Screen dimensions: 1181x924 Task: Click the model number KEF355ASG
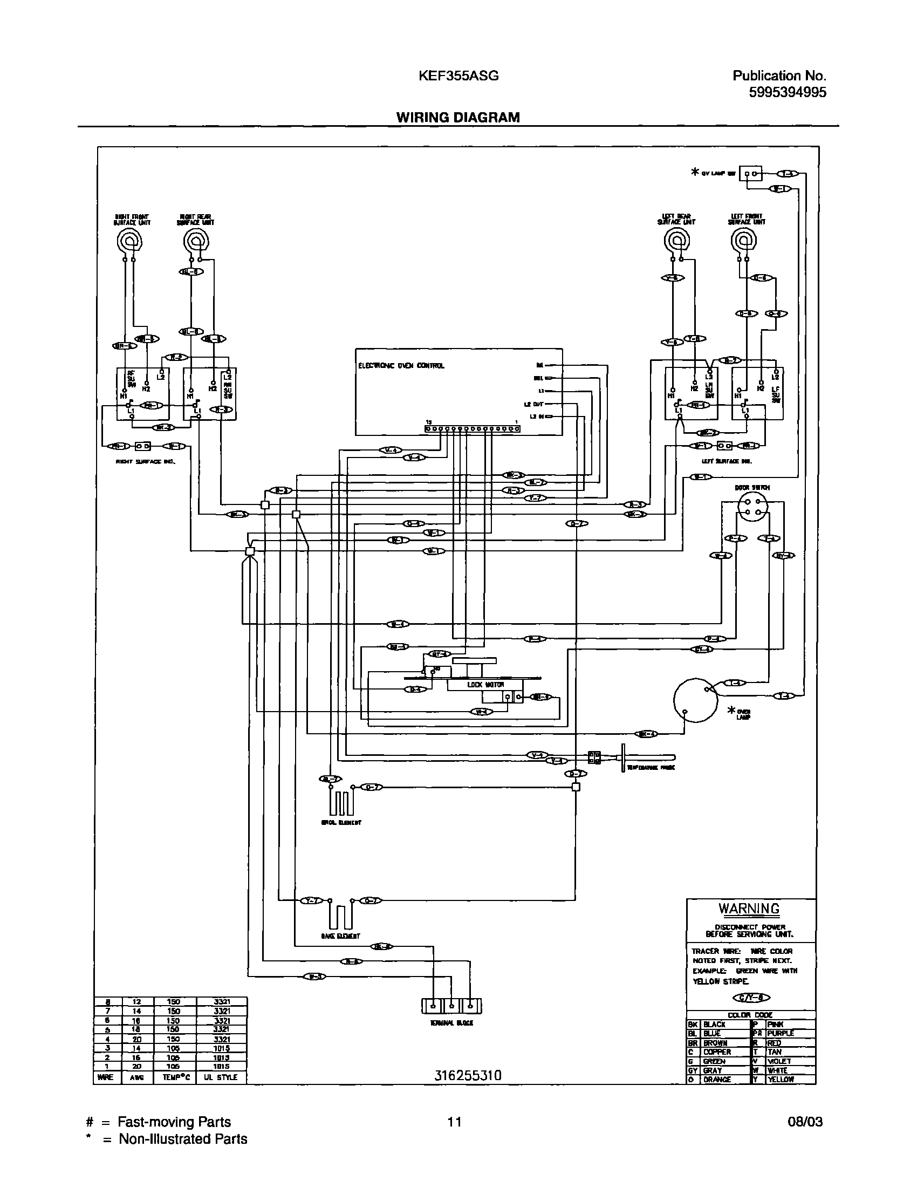point(458,76)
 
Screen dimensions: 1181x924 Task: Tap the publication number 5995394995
point(787,92)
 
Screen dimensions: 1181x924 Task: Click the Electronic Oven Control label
point(401,366)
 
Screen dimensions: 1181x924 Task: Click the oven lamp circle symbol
point(695,700)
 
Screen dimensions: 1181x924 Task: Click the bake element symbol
point(340,917)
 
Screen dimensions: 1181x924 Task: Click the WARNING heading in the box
point(749,909)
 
